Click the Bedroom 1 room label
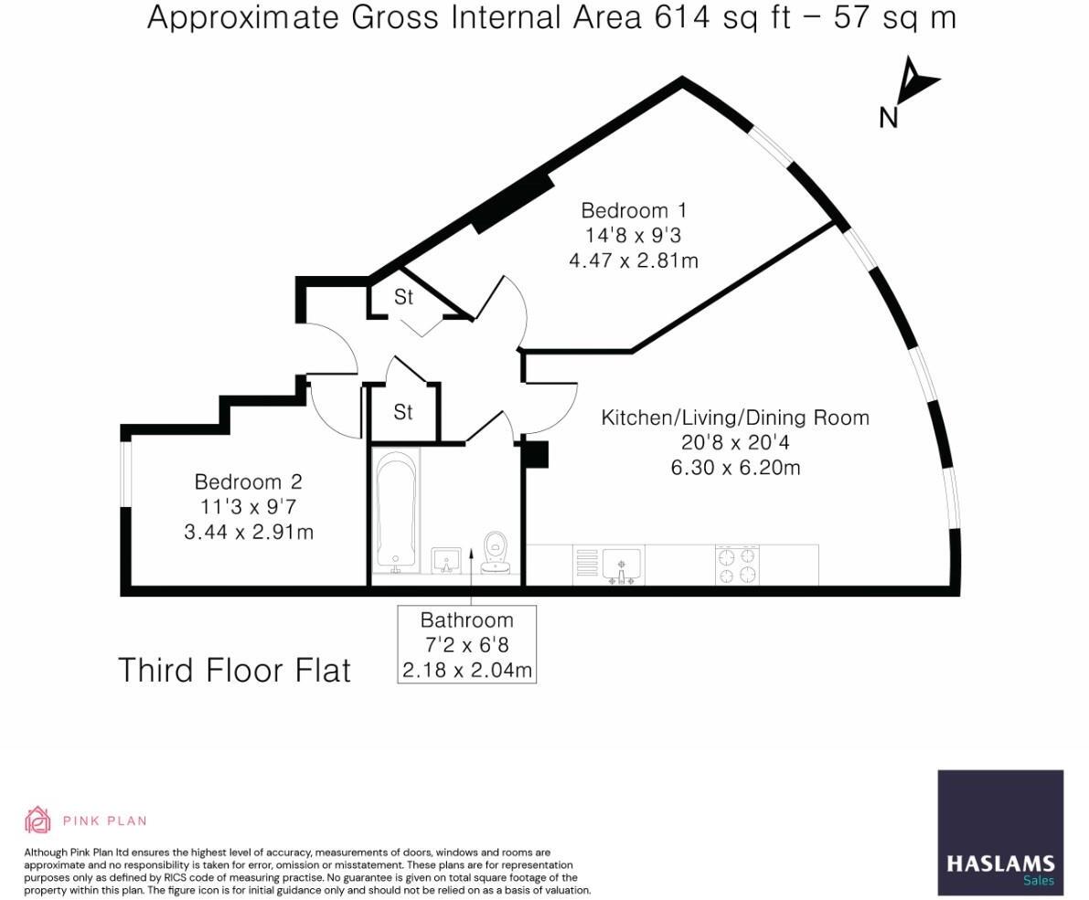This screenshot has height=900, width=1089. pos(634,210)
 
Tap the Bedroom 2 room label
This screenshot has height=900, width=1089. pos(248,482)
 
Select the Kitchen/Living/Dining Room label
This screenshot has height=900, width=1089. pos(735,418)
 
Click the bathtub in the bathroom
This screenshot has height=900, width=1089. pos(396,510)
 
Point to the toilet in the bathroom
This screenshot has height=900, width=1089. pos(495,552)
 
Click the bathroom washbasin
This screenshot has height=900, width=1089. pos(446,559)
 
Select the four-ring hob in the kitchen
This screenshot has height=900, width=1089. pos(737,565)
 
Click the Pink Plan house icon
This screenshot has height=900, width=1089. pos(37,820)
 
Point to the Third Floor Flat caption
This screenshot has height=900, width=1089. pos(235,671)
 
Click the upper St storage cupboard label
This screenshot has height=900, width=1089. pos(403,297)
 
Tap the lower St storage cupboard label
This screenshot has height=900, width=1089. pos(403,412)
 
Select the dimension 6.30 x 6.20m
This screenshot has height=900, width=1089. pos(735,468)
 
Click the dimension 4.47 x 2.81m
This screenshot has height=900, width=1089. pos(634,261)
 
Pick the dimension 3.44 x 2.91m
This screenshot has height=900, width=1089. pos(249,532)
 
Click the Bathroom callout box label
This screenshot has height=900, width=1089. pos(466,645)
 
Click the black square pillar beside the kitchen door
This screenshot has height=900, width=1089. pos(536,454)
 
